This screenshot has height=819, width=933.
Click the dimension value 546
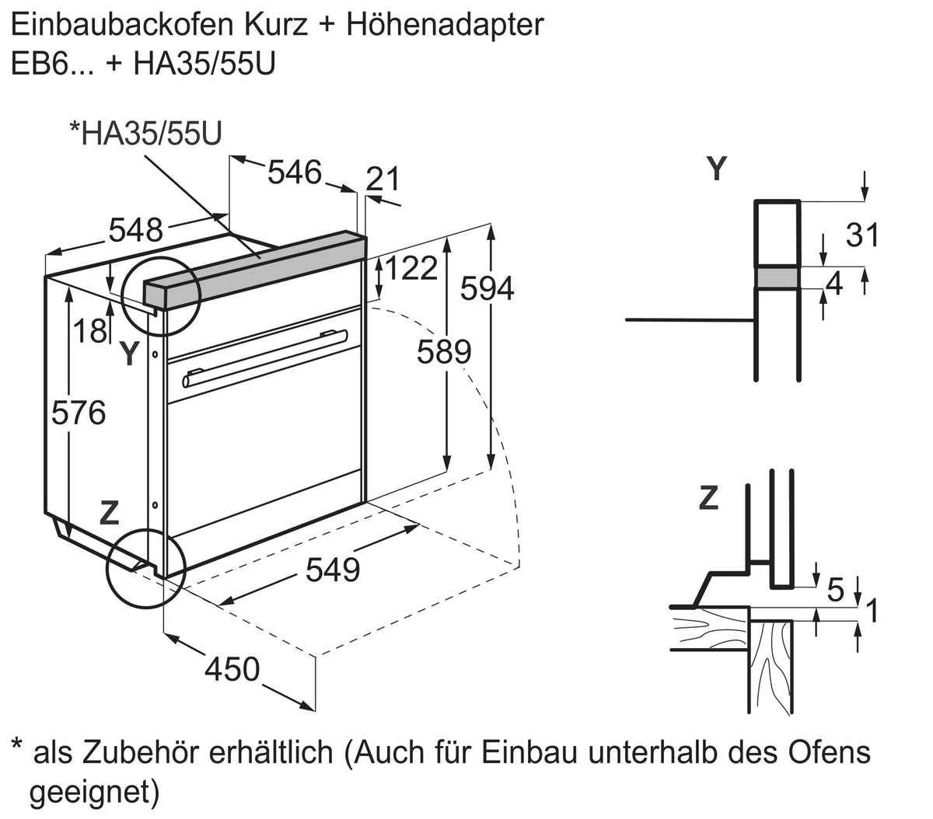(295, 173)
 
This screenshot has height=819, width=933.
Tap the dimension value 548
(136, 230)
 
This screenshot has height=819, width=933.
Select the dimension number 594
(487, 288)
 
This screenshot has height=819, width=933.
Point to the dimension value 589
(444, 352)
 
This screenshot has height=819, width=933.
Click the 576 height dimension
(79, 413)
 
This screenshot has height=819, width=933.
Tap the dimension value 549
(333, 570)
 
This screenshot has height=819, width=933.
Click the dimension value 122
(411, 268)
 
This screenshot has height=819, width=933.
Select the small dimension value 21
(383, 179)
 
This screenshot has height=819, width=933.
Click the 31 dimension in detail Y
(862, 235)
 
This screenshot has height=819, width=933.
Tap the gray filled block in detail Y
(777, 278)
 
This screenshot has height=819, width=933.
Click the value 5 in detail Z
(835, 590)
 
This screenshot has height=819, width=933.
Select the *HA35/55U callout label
(145, 134)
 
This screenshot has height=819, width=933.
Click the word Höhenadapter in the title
(445, 25)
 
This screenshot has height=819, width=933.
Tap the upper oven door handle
(335, 335)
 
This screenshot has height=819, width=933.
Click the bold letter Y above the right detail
(717, 169)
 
